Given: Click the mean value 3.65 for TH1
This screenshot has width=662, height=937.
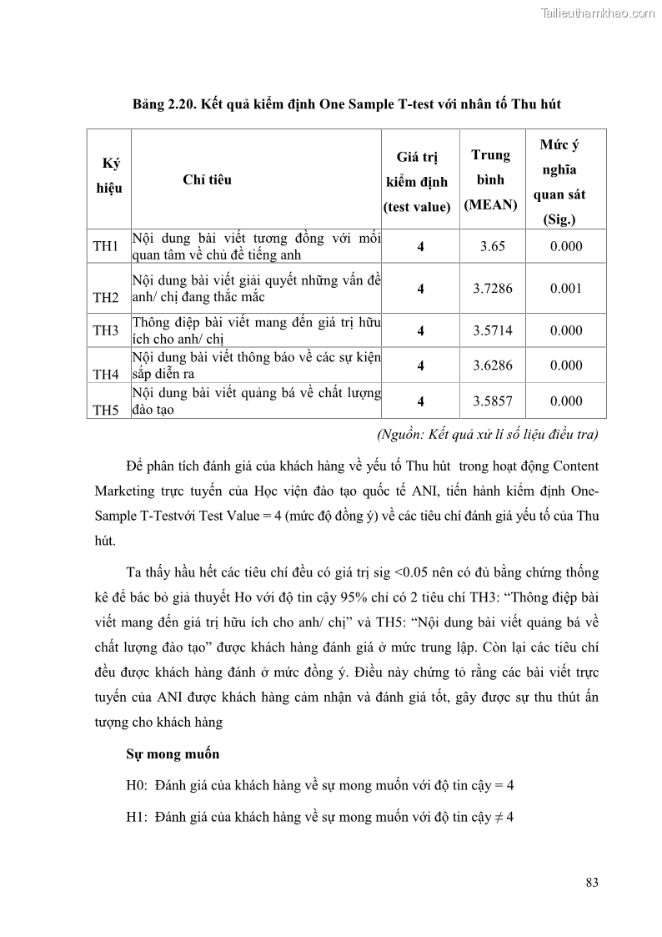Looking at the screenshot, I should pos(492,247).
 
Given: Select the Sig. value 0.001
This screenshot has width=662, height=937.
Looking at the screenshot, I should pos(566,289).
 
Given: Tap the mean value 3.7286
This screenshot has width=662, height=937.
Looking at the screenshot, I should pos(492,289).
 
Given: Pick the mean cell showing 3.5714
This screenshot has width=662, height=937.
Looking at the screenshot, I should pos(492,330).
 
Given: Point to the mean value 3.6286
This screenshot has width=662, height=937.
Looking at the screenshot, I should pos(492,365).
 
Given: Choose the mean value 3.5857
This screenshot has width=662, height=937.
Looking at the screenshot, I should pos(492,401).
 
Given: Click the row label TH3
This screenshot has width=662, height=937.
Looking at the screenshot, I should pos(106,330).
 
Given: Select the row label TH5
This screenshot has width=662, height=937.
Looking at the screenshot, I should pos(106,410).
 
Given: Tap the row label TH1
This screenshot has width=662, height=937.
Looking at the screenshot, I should pos(106,247).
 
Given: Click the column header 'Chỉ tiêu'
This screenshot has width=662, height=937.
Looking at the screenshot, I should pos(207,179).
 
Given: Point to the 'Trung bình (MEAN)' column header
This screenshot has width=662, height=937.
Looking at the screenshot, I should pos(491,179).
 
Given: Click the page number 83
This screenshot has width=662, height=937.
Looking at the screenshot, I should pos(592,883).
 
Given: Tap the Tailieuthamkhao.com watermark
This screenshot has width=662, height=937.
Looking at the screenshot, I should pos(598,13).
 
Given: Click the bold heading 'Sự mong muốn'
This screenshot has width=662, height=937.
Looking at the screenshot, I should pos(173,754).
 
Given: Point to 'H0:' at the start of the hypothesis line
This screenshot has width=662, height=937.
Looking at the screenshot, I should pos(137,785).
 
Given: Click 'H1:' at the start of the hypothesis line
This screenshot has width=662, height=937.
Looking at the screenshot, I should pos(137,817).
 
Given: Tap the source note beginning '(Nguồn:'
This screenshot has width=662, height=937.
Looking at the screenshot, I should pos(487,435).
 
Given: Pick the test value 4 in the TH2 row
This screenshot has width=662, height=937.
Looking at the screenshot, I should pos(421,289).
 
